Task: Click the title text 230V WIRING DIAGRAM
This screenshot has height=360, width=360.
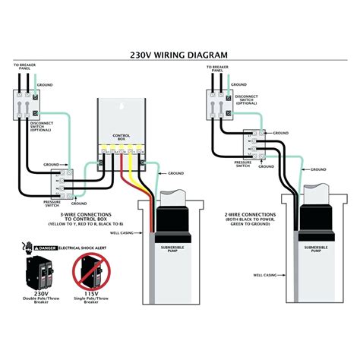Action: [179, 54]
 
